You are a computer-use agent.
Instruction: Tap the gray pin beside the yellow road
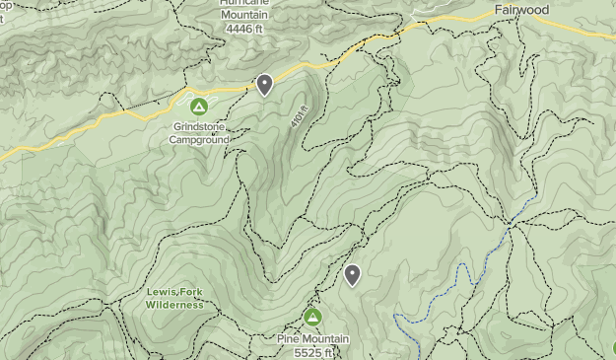pyautogui.click(x=264, y=85)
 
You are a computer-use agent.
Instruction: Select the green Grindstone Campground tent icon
pyautogui.click(x=198, y=106)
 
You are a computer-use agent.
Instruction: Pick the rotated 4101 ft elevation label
pyautogui.click(x=299, y=120)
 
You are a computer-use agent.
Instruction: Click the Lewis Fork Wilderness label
pyautogui.click(x=174, y=299)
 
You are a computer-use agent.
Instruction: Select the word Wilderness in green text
pyautogui.click(x=174, y=306)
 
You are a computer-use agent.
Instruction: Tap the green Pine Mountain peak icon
pyautogui.click(x=312, y=317)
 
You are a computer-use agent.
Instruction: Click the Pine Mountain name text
pyautogui.click(x=312, y=339)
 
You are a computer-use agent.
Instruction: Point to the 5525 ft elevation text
pyautogui.click(x=312, y=352)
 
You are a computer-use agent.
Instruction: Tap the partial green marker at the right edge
pyautogui.click(x=613, y=346)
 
